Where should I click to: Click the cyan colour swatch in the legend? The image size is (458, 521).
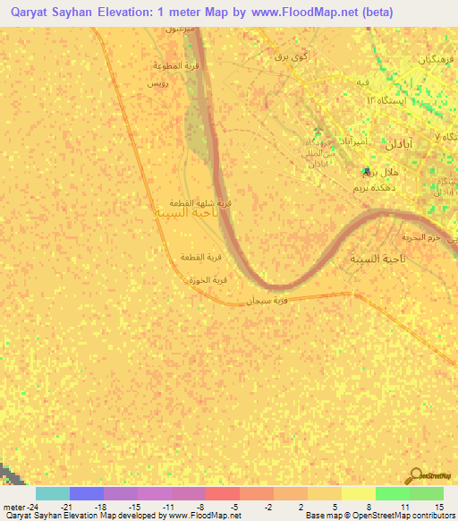click(x=53, y=493)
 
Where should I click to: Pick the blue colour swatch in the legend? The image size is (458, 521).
click(x=87, y=493)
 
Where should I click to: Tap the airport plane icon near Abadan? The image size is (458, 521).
click(x=367, y=171)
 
